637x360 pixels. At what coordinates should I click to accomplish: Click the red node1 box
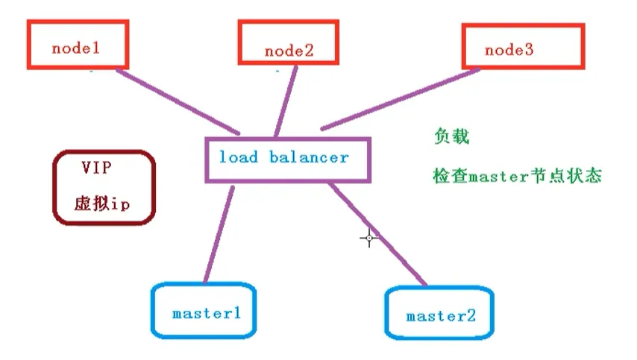(78, 45)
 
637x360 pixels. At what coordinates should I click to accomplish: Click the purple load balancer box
(288, 160)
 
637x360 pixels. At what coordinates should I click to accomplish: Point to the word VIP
(97, 168)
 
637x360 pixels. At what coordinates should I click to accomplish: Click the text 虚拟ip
(101, 203)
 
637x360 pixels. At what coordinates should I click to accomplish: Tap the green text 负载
(451, 137)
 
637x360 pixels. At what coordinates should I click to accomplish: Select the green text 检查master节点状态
(517, 177)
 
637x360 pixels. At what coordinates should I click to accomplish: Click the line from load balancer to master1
(217, 233)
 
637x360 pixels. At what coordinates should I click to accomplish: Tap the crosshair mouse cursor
(369, 238)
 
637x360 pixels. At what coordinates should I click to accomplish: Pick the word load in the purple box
(239, 157)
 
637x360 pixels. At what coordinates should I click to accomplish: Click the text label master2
(441, 316)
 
